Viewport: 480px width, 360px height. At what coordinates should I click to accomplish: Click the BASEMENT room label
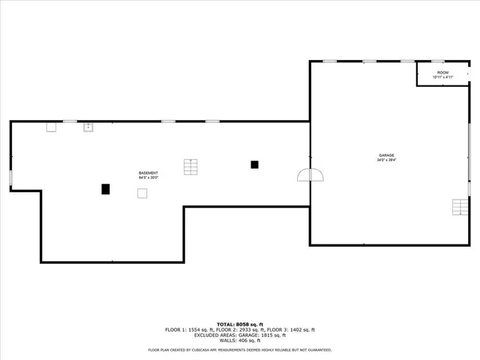tap(148, 173)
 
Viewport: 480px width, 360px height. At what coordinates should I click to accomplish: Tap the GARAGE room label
tap(386, 155)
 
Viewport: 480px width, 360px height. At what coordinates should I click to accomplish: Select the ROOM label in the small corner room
tap(442, 73)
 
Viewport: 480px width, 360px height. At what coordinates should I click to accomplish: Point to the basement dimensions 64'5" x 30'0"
tap(148, 178)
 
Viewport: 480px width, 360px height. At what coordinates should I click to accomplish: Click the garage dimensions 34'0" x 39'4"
tap(386, 160)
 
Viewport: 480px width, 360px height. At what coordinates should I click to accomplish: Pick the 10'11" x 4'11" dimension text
tap(442, 77)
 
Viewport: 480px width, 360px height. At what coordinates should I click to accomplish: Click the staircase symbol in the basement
tap(190, 166)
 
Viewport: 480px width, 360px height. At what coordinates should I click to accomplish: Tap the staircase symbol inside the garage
tap(459, 206)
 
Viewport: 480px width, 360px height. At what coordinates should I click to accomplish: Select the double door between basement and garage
tap(310, 175)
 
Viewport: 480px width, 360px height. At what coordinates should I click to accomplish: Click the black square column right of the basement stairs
tap(255, 164)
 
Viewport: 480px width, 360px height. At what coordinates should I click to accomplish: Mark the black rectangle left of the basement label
tap(106, 189)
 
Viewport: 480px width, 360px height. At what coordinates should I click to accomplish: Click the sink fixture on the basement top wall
tap(88, 127)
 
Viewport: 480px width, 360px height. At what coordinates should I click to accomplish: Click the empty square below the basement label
tap(142, 193)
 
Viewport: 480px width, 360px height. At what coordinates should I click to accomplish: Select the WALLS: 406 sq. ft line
tap(240, 340)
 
